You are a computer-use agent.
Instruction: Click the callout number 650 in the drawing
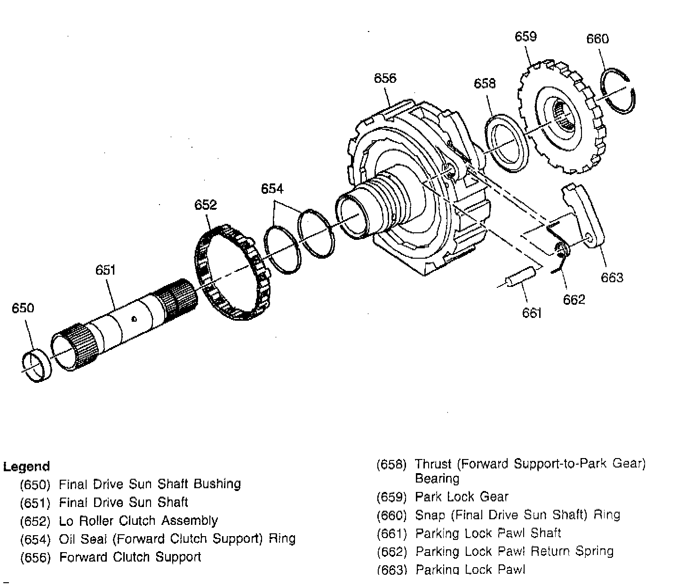coord(23,308)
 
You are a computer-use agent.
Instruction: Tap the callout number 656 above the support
coord(385,78)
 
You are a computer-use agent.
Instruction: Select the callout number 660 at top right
coord(597,39)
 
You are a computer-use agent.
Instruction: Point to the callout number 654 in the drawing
coord(272,189)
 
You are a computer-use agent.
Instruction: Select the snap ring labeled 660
coord(619,91)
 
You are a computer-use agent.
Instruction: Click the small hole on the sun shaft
coord(134,319)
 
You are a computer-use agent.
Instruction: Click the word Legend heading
coord(26,467)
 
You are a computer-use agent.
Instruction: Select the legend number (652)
coord(35,521)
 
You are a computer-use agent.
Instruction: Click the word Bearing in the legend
coord(437,479)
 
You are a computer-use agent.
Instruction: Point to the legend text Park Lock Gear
coord(462,497)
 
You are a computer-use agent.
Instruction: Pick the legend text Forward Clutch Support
coord(130,557)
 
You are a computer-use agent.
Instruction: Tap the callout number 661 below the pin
coord(532,313)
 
